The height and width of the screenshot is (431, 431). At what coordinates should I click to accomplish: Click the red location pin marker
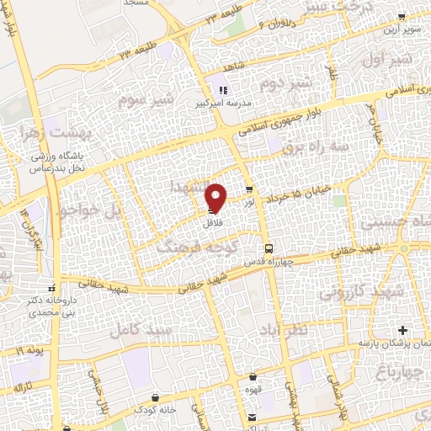216,197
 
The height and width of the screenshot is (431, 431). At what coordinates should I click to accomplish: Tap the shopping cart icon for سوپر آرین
401,15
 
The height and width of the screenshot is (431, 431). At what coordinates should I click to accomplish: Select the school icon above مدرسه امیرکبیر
223,90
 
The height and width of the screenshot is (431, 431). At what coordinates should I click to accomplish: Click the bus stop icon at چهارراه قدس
269,248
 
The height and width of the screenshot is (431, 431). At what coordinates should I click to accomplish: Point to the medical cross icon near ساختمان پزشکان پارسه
402,329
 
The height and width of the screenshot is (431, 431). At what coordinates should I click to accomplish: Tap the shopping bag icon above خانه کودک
155,396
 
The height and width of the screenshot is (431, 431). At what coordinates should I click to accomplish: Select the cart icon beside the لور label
248,189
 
